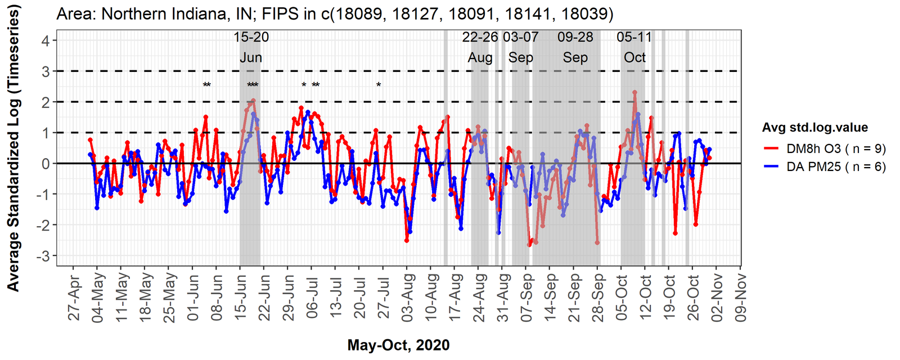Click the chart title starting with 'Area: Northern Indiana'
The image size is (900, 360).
coord(335,13)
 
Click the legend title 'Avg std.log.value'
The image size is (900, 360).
coord(814,128)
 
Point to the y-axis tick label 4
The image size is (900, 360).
coord(45,40)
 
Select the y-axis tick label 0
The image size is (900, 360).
coord(45,164)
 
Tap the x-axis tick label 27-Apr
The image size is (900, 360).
coord(74,298)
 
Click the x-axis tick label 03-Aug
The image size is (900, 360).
coord(408,298)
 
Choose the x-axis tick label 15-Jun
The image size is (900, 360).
coord(241,298)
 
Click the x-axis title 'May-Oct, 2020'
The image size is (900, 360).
coord(398,345)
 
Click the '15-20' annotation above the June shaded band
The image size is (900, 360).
coord(251,38)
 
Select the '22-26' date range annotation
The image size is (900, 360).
coord(480,38)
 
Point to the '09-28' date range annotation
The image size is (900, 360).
coord(575,38)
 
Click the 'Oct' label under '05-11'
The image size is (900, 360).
coord(634,57)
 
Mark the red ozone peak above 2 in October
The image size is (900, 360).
coord(634,92)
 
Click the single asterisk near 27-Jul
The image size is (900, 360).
coord(379,85)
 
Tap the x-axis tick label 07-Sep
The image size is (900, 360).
coord(526,298)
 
